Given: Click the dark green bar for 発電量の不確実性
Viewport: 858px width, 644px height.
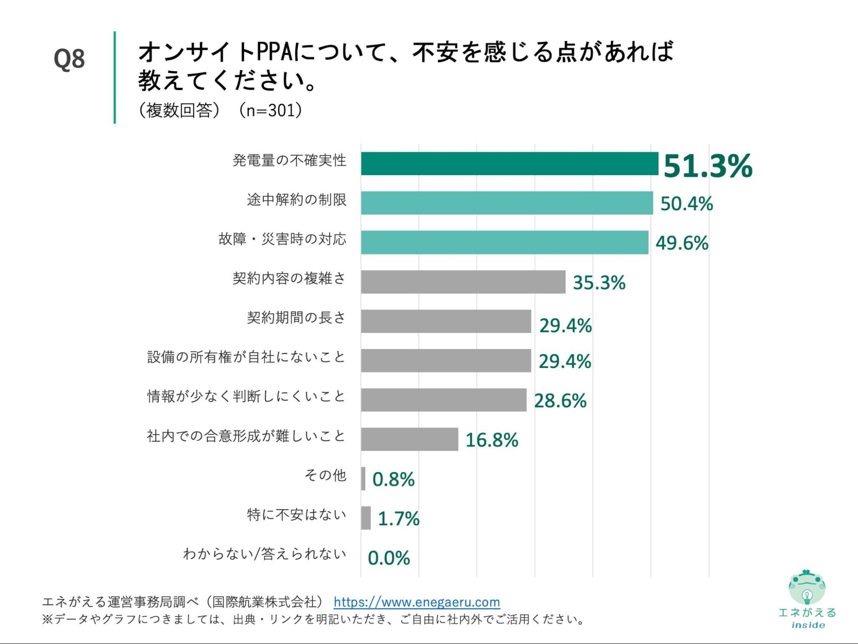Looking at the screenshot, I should click(x=509, y=164).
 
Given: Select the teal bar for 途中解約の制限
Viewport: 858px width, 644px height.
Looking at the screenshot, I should click(x=506, y=203).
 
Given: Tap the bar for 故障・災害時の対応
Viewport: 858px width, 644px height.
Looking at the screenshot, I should click(x=504, y=243).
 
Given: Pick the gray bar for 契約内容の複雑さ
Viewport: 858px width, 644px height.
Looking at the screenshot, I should click(x=463, y=282).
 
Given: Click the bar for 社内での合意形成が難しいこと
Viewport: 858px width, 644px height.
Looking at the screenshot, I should click(x=409, y=439).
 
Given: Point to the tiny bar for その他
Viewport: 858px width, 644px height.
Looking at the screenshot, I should click(x=363, y=479).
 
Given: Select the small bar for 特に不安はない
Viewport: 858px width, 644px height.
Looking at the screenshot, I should click(x=366, y=518).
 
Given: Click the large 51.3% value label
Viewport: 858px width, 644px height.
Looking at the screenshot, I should click(x=708, y=166).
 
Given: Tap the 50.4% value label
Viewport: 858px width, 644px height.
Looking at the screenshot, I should click(x=686, y=204).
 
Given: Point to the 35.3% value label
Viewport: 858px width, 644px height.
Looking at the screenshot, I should click(x=599, y=283).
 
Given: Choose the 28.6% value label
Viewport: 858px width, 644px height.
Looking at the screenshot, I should click(x=560, y=401).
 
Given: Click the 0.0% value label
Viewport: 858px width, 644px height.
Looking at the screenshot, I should click(x=389, y=558).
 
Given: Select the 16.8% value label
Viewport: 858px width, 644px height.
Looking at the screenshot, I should click(x=492, y=440).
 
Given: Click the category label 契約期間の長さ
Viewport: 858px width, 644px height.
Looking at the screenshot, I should click(x=296, y=318).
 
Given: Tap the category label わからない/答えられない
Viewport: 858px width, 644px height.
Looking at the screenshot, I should click(x=264, y=554).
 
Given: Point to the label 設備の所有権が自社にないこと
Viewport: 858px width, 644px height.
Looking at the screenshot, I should click(x=246, y=357).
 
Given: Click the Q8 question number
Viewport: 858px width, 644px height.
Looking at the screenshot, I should click(x=69, y=59).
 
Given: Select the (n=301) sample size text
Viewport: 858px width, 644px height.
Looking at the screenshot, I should click(x=271, y=110).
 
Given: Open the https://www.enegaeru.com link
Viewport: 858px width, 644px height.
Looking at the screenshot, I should click(x=417, y=602).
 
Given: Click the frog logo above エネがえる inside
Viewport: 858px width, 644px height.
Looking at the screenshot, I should click(x=807, y=587).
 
